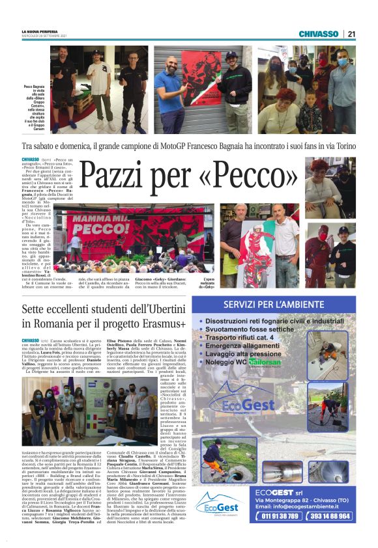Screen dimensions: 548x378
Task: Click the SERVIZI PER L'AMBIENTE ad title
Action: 279,305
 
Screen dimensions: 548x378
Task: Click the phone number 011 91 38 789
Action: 279,516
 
